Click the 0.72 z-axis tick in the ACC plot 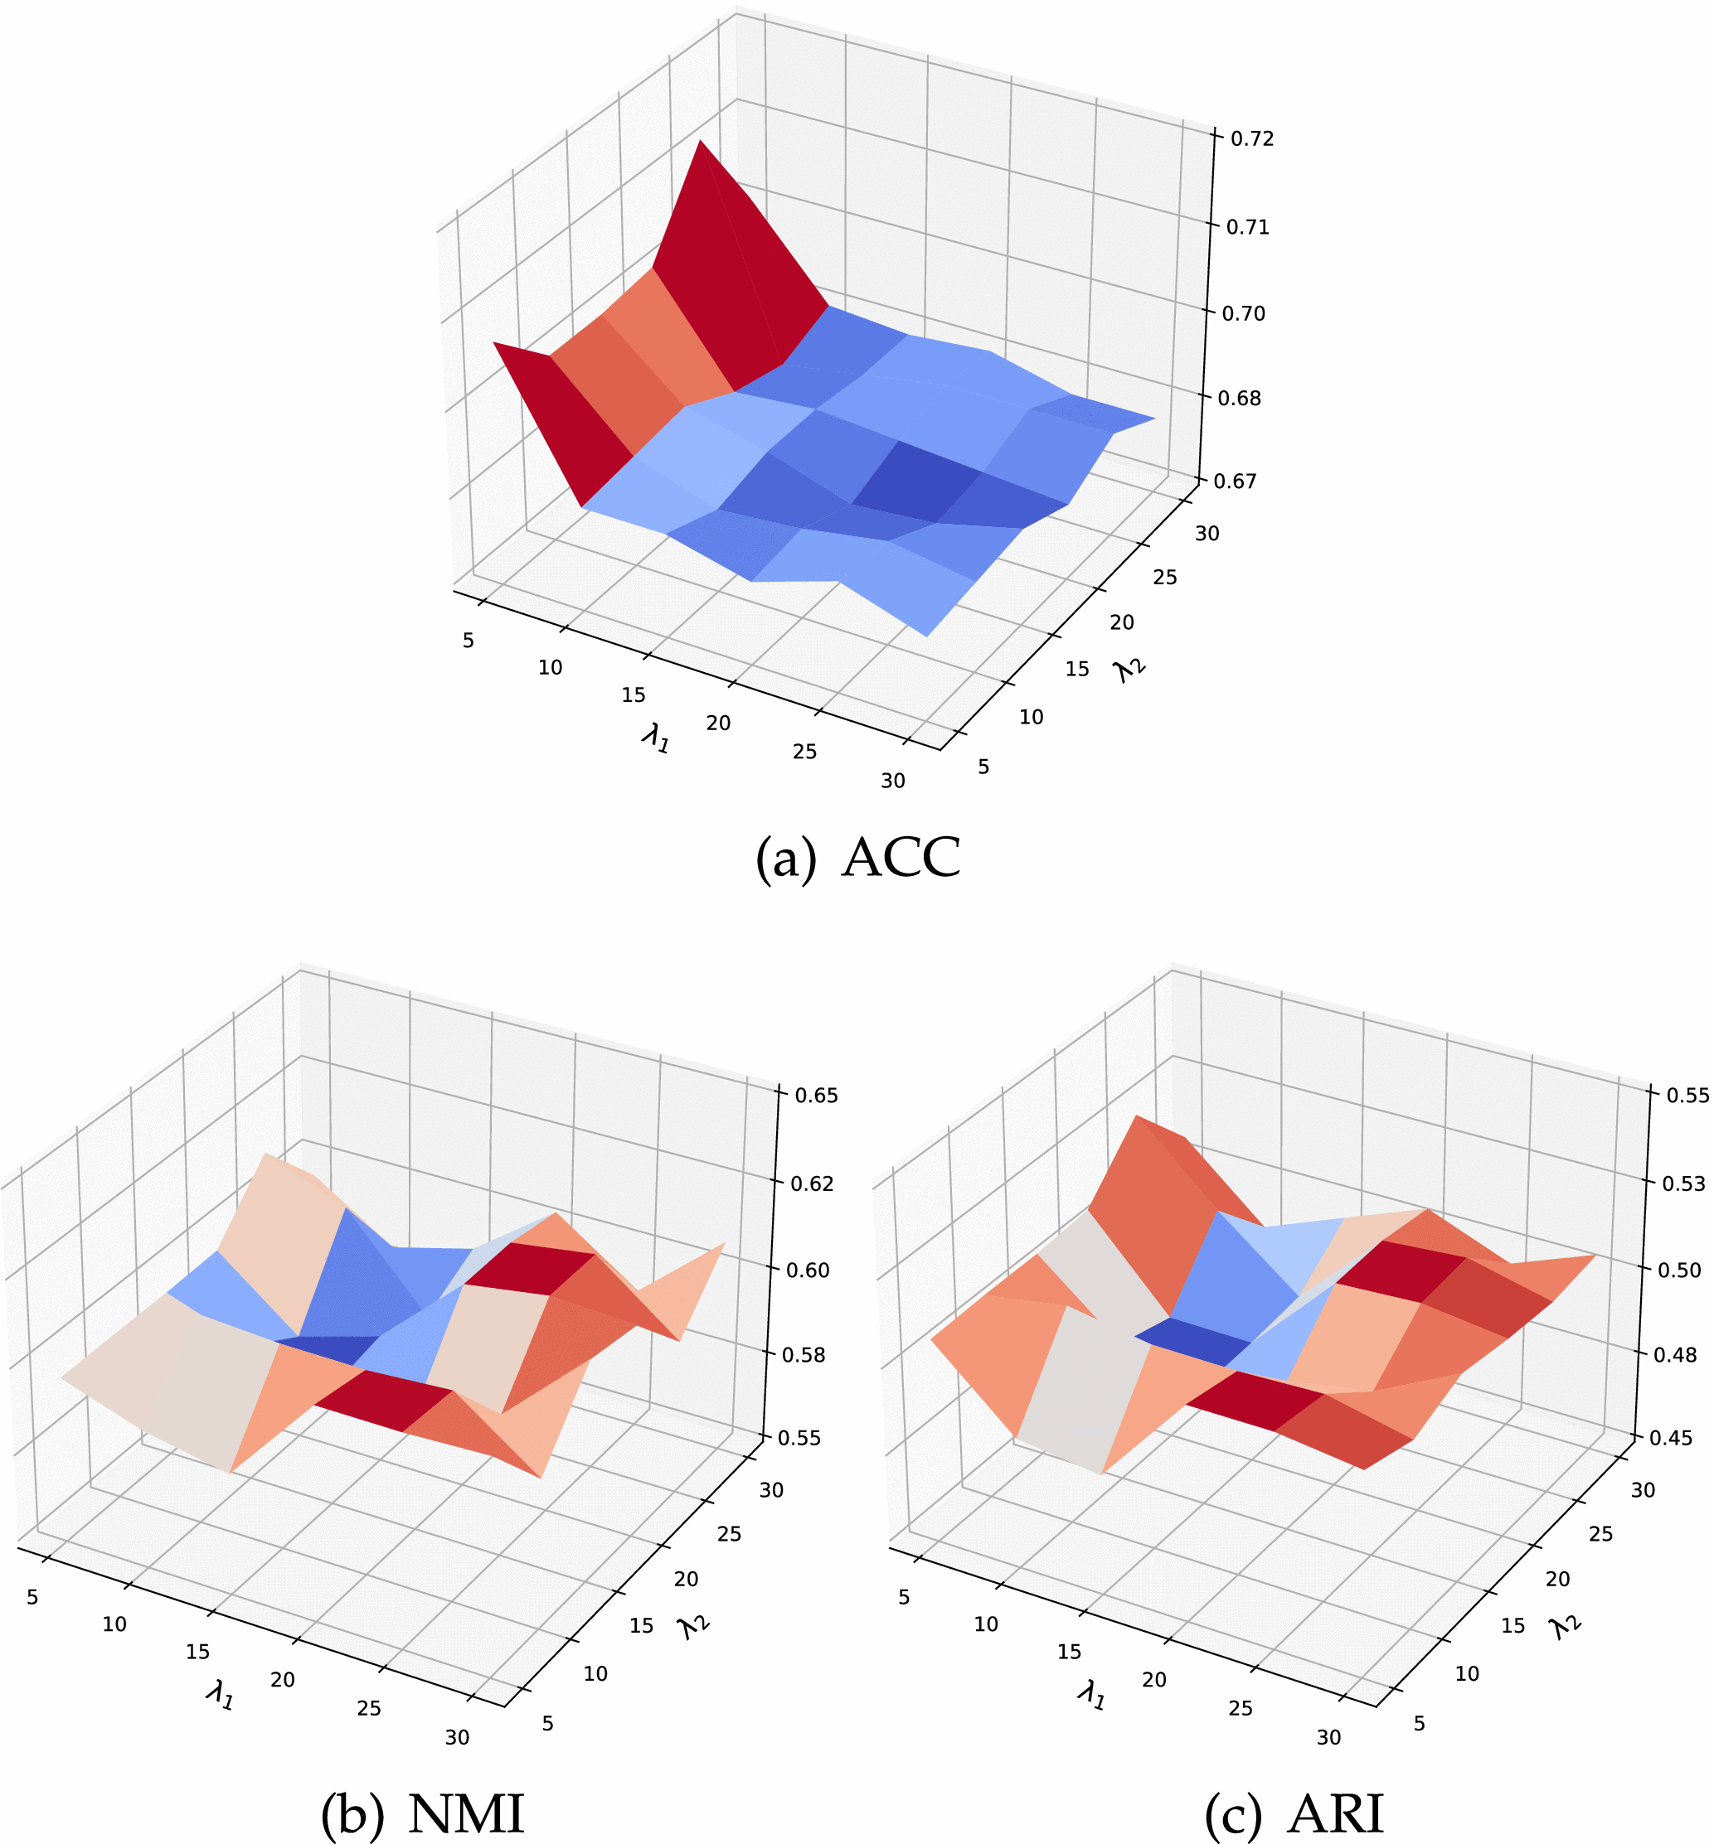[1251, 139]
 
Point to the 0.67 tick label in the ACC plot [1235, 482]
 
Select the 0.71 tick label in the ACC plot [1247, 227]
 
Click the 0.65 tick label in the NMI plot [816, 1095]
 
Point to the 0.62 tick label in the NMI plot [812, 1183]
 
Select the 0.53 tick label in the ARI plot [1683, 1183]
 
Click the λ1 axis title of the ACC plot [656, 739]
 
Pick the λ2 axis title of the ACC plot [1130, 670]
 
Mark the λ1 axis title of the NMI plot [220, 1696]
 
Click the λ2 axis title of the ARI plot [1566, 1626]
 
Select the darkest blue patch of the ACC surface [916, 483]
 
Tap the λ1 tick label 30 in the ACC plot [892, 782]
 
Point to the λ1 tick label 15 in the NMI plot [197, 1651]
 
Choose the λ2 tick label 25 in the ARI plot [1601, 1533]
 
